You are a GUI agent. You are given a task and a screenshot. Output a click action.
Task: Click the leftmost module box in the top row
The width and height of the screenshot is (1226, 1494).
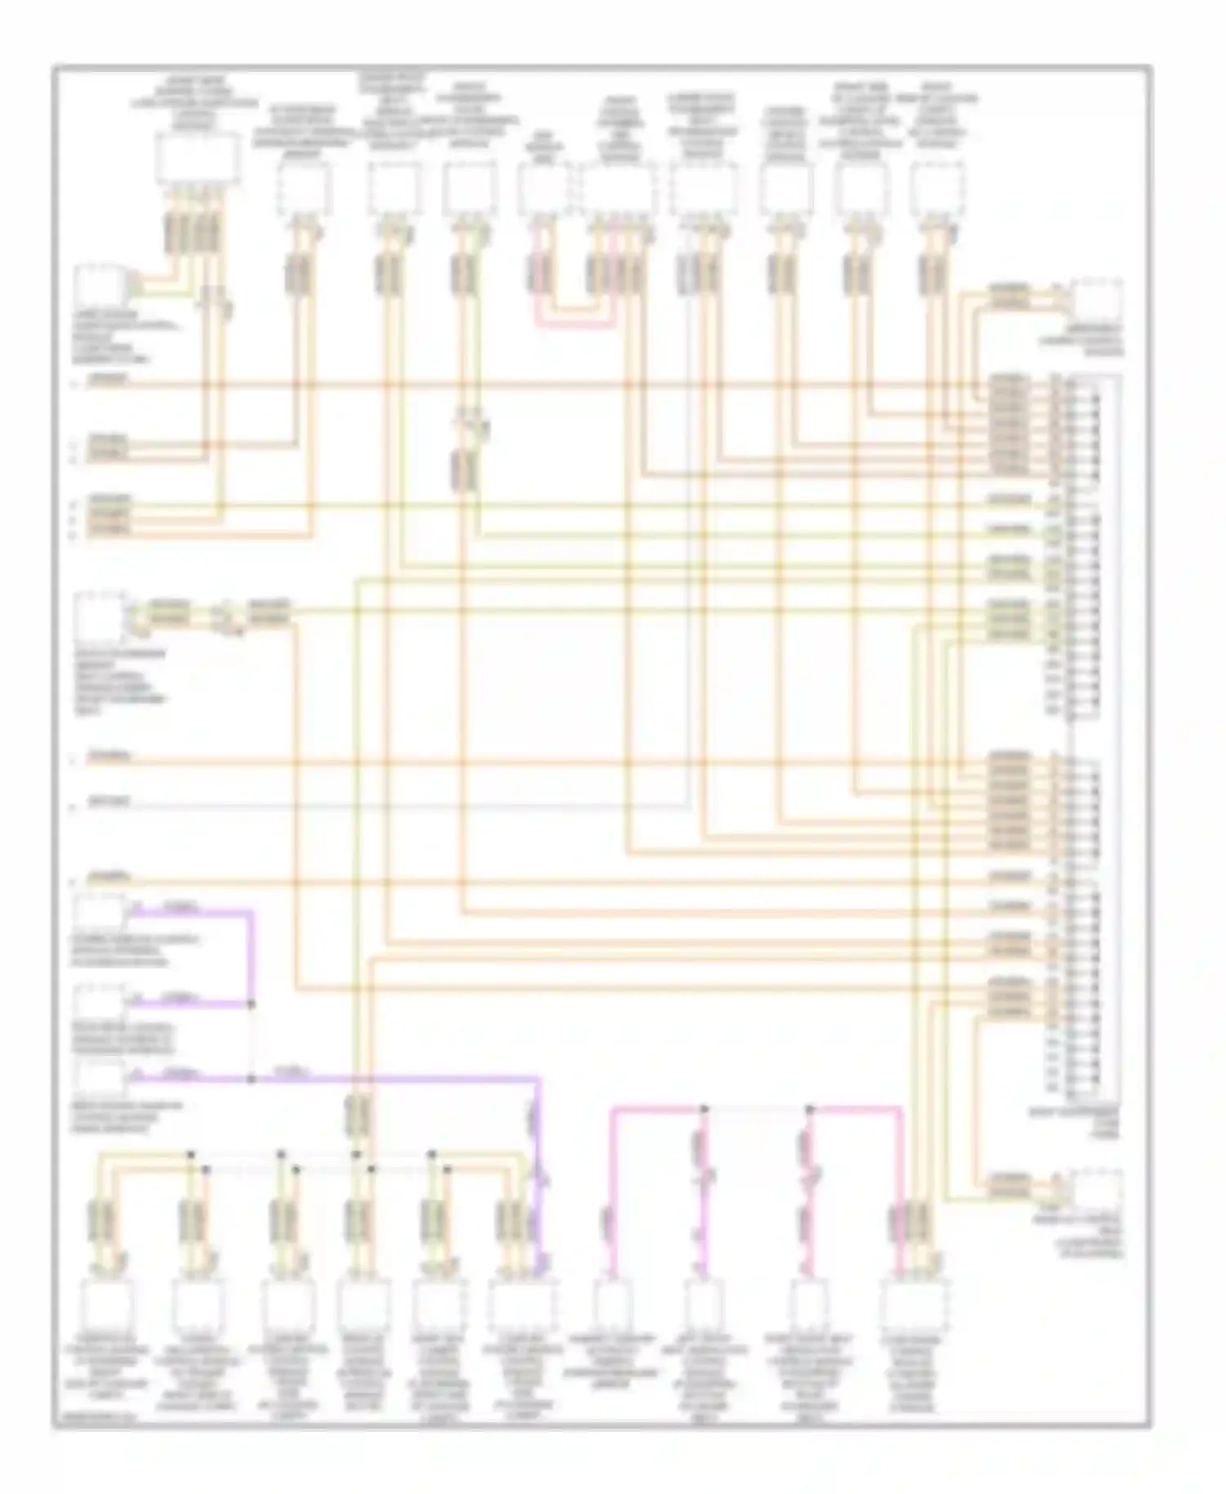pyautogui.click(x=198, y=159)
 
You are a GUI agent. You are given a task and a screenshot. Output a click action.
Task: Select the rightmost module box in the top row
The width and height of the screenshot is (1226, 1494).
pyautogui.click(x=937, y=186)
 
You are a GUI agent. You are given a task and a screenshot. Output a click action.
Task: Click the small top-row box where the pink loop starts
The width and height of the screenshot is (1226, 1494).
pyautogui.click(x=542, y=188)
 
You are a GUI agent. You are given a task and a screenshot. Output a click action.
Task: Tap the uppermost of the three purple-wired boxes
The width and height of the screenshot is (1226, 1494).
pyautogui.click(x=100, y=912)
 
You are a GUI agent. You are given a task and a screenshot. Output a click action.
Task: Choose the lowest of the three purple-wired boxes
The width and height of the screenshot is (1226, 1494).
pyautogui.click(x=100, y=1078)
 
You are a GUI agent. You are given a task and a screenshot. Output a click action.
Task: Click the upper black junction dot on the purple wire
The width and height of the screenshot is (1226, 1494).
pyautogui.click(x=251, y=1003)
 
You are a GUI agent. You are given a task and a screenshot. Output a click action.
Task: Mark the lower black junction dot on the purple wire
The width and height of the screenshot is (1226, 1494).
pyautogui.click(x=251, y=1079)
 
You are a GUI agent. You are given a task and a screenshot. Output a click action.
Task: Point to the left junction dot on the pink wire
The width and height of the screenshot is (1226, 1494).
pyautogui.click(x=704, y=1109)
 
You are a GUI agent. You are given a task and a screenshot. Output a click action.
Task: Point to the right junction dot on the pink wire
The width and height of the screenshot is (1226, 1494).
pyautogui.click(x=809, y=1109)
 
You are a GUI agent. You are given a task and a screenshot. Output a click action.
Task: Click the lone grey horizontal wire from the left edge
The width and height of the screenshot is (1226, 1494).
pyautogui.click(x=409, y=806)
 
